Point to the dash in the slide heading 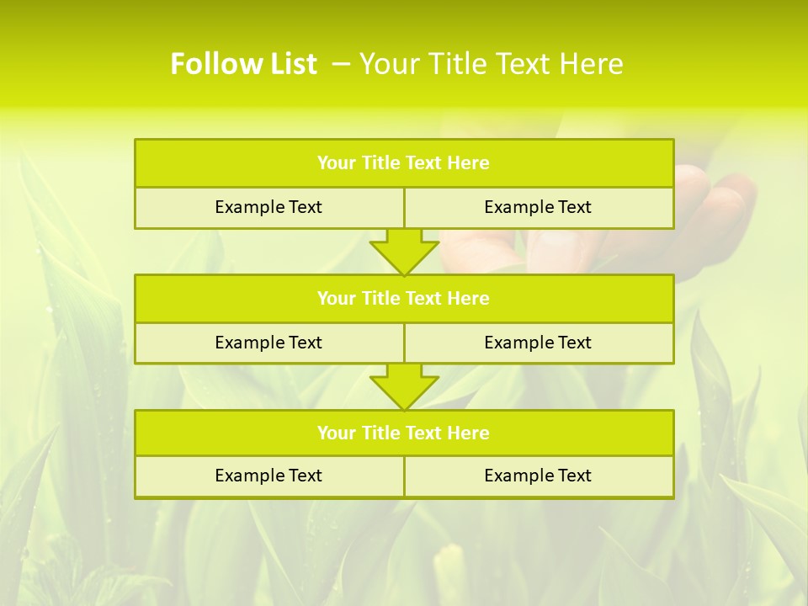(341, 64)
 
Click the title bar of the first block (404, 163)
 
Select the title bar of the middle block (404, 298)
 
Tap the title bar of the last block (404, 433)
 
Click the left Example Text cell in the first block (268, 207)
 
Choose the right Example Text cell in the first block (538, 207)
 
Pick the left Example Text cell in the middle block (268, 343)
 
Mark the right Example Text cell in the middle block (538, 343)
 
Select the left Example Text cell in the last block (268, 476)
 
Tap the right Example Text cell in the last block (538, 476)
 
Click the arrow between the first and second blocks (404, 251)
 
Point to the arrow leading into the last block (404, 386)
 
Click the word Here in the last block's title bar (469, 433)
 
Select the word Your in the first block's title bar (337, 163)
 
